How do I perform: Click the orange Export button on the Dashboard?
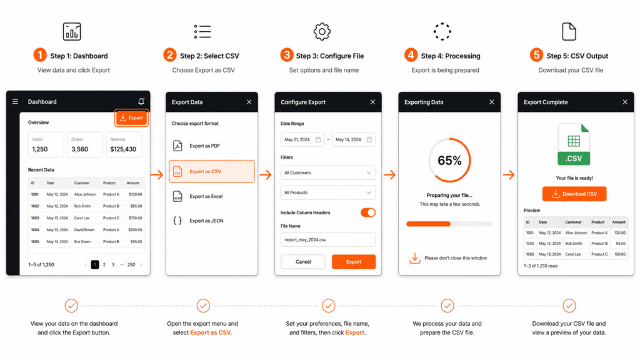coord(131,117)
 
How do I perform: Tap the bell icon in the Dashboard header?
coord(141,101)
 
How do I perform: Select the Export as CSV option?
coord(211,171)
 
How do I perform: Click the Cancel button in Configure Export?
coord(303,262)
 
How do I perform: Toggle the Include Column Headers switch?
coord(368,212)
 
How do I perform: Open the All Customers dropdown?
coord(328,172)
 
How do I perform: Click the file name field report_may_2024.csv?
coord(328,240)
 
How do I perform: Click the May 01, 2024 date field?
coord(302,139)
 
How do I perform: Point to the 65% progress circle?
coord(449,161)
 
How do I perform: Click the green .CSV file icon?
coord(574,144)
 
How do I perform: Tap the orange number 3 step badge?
coord(287,55)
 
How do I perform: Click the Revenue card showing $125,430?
coord(123,144)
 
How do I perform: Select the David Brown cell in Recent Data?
coord(86,230)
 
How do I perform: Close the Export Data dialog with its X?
coord(249,102)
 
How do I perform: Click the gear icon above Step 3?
coord(322,31)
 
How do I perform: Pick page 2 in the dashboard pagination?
coord(104,265)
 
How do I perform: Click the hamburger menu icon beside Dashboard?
coord(16,102)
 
